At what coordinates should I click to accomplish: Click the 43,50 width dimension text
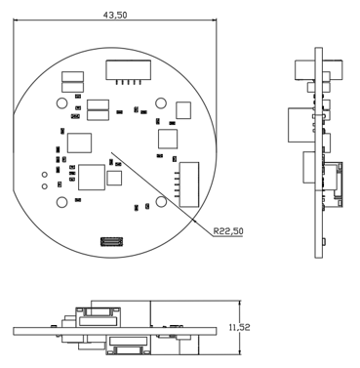click(x=115, y=15)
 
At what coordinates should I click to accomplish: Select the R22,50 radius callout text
click(x=228, y=231)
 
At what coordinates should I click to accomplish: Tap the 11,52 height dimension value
click(x=240, y=327)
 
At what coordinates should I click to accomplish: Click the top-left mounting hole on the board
click(x=61, y=103)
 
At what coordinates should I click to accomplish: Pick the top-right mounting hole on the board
click(x=161, y=103)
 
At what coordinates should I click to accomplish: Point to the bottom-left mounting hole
click(x=61, y=202)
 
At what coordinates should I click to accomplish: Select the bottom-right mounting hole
click(x=161, y=202)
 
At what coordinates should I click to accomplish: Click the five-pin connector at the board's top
click(x=128, y=72)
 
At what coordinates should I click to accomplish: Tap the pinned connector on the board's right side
click(x=187, y=184)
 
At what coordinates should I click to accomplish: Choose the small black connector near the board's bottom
click(x=112, y=241)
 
